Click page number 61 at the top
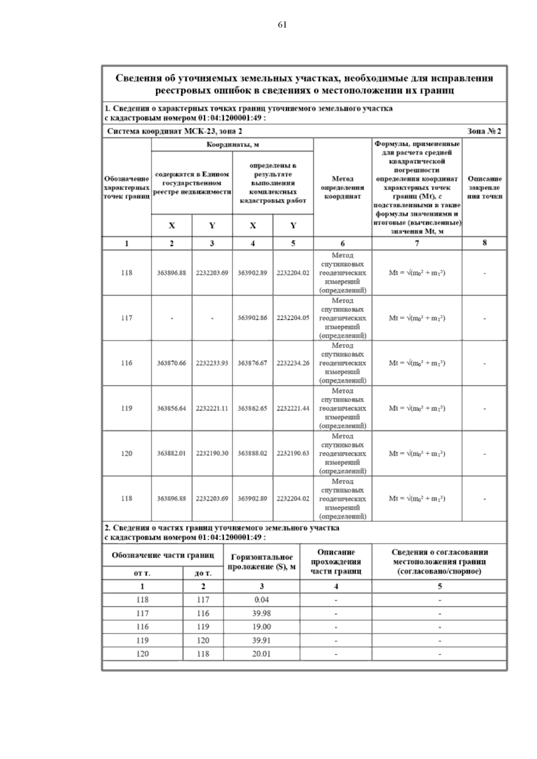coord(282,25)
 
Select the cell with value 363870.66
coord(171,363)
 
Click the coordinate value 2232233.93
coord(212,363)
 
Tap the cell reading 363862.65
coord(252,408)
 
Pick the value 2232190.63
coord(293,454)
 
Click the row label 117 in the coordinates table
coord(127,318)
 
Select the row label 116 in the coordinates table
coord(127,363)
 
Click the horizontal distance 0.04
coord(261,600)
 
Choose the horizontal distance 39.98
coord(261,613)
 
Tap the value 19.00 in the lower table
coord(261,627)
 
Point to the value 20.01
coord(261,654)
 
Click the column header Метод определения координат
coord(342,187)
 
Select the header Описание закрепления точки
coord(484,187)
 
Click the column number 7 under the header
coord(417,243)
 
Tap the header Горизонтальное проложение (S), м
coord(261,562)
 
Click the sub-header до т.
coord(203,573)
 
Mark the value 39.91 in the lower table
coord(261,640)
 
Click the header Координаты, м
coord(232,144)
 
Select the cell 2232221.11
coord(212,408)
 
